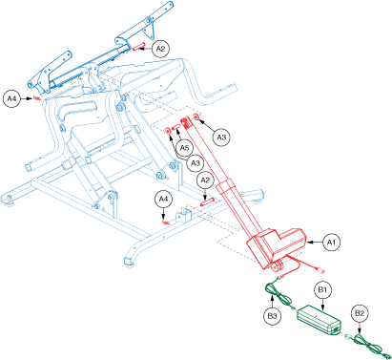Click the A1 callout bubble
coord(331,243)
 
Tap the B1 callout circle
coord(322,289)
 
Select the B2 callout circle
coord(360,313)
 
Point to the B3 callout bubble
coord(272,316)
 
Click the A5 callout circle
coord(185,148)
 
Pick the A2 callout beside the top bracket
coord(160,49)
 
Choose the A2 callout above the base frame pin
coord(205,180)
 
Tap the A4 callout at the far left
coord(11,98)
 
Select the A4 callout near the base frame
coord(163,200)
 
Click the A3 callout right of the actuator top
coord(221,138)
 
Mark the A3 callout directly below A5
coord(196,163)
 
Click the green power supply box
coord(319,320)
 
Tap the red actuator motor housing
coord(278,245)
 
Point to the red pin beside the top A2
coord(138,47)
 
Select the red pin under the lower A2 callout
coord(207,201)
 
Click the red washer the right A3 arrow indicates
coord(196,117)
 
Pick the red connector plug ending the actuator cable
coord(321,271)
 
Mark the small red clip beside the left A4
coord(37,98)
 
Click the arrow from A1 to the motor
coord(315,243)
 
